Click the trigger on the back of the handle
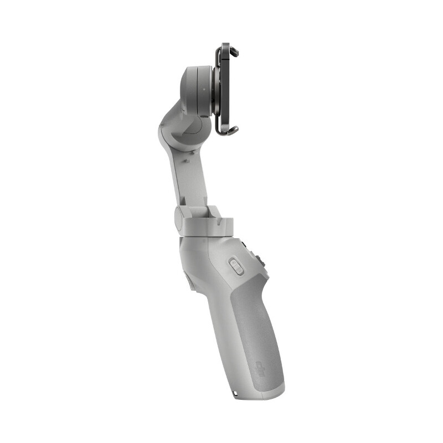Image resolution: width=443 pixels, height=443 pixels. coord(188,282)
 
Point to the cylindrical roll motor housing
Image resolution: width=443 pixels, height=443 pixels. coord(194,83)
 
